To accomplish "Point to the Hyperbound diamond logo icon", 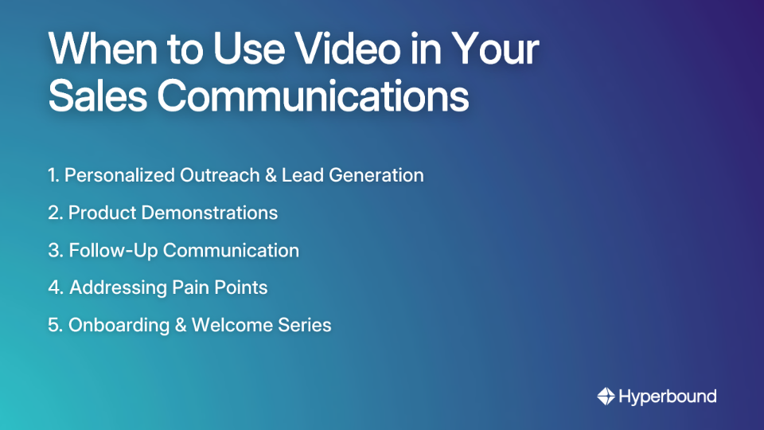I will coord(606,396).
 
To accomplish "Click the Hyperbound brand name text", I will coord(668,396).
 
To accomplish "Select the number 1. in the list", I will coord(53,175).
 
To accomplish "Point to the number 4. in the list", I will coord(56,287).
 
